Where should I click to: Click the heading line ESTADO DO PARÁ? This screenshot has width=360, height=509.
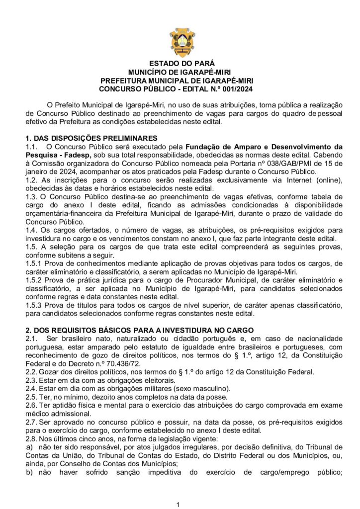(x=180, y=63)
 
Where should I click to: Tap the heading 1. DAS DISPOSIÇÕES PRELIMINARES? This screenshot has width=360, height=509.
(x=91, y=138)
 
